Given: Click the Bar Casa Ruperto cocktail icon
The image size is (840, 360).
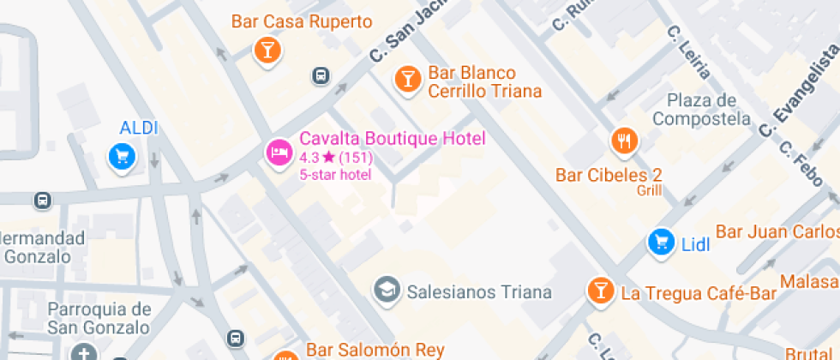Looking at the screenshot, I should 267,50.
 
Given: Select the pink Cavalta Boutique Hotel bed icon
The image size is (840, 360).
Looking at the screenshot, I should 278,153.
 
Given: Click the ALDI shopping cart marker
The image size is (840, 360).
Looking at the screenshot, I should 120,156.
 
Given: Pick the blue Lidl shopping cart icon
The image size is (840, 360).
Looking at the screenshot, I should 660,242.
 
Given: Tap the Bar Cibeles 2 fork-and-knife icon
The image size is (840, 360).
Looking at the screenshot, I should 624,141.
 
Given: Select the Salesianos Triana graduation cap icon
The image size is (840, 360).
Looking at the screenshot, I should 387,289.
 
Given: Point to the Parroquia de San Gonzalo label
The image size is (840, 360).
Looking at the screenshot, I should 99,318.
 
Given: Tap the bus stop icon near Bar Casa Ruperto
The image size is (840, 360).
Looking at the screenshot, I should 321,75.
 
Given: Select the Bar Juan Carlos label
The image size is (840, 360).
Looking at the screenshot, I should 777,231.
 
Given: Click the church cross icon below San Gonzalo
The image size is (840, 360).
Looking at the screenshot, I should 83,353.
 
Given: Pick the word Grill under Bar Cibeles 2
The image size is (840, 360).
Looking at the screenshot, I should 649,191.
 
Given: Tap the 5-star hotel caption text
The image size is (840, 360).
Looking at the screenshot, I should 335,175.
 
